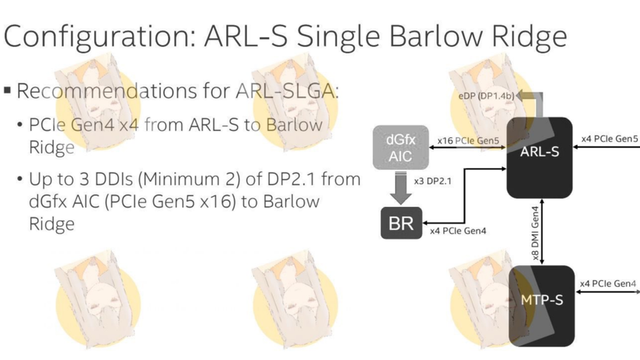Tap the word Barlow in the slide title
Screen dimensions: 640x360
pos(436,36)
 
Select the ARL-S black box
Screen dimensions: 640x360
pos(539,158)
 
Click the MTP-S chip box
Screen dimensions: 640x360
pos(541,306)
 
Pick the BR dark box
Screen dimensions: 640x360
pos(401,223)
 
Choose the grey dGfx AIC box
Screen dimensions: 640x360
pos(401,147)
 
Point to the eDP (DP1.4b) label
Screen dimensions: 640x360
pos(486,96)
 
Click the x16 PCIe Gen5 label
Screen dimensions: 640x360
pos(468,141)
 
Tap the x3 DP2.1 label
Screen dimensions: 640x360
pos(433,181)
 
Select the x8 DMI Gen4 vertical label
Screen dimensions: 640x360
pos(535,233)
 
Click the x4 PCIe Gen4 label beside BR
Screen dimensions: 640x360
pos(458,231)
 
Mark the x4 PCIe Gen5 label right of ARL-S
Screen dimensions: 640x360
pos(609,139)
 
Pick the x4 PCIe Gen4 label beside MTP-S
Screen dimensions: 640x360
pos(608,284)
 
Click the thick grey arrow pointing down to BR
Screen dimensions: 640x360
pos(401,188)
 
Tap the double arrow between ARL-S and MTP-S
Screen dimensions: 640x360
pos(541,232)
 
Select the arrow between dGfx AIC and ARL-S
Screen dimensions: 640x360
pos(468,147)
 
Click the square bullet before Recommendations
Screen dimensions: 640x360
pos(7,90)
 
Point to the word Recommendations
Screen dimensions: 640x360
pos(106,91)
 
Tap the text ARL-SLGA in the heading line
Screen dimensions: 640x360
pos(286,91)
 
